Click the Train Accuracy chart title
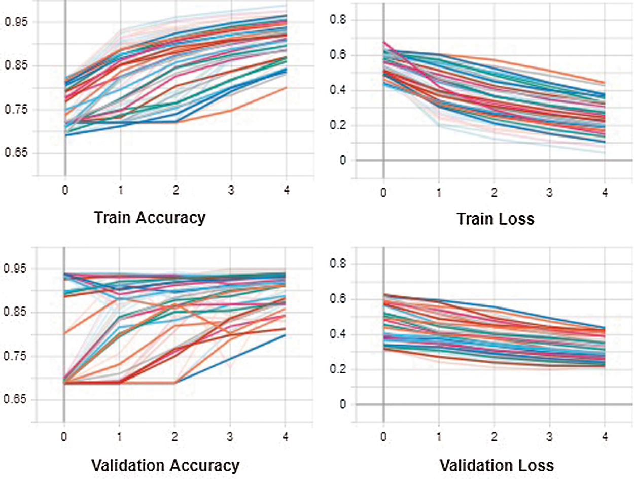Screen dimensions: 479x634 (x=150, y=218)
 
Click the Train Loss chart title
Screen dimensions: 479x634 (x=495, y=219)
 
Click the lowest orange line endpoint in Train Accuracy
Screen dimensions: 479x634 (x=286, y=88)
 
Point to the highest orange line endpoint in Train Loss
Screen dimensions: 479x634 (x=605, y=83)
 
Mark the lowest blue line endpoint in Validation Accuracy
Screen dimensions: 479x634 (x=285, y=335)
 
